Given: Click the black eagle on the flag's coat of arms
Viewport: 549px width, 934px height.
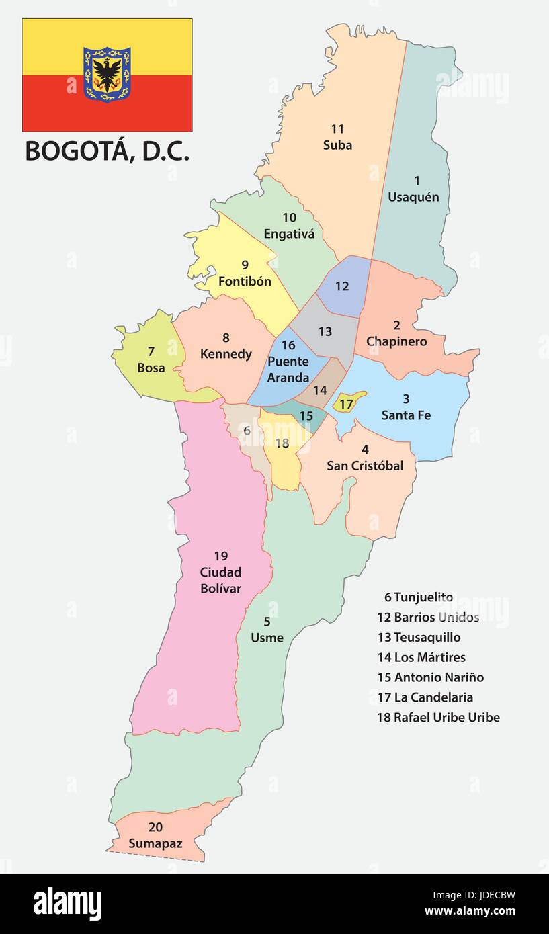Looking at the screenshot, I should click(x=107, y=72).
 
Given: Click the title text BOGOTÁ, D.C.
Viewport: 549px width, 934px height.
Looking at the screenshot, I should click(x=107, y=151).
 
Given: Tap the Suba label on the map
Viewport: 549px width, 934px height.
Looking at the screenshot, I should click(x=337, y=145).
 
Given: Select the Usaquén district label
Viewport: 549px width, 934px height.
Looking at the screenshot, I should click(x=413, y=197).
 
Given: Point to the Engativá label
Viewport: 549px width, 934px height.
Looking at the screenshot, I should click(x=289, y=235).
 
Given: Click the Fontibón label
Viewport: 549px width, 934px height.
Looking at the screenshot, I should click(x=245, y=281).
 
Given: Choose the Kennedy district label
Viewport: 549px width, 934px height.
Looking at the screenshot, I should click(x=226, y=354).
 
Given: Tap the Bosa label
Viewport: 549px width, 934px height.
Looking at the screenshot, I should click(x=151, y=368).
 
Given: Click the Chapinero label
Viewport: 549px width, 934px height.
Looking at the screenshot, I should click(x=396, y=341).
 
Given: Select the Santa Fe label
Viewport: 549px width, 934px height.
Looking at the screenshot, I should click(x=406, y=415).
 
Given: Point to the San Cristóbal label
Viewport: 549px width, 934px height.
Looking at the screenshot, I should click(x=365, y=466).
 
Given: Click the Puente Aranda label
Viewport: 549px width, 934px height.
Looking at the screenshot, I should click(x=288, y=369).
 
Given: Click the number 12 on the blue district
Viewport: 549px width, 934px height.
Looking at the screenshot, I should click(x=342, y=286).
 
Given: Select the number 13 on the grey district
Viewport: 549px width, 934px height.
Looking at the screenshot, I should click(x=325, y=331).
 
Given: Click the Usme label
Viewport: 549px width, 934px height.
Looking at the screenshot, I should click(x=267, y=638).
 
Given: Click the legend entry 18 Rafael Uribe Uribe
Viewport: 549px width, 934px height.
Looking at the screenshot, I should click(x=438, y=717).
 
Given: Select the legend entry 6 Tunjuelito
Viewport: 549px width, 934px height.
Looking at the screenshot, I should click(x=418, y=597).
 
